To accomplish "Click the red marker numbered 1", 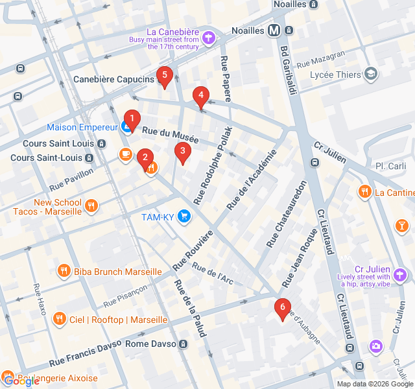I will pyautogui.click(x=132, y=119).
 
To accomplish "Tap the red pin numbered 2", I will pyautogui.click(x=145, y=156).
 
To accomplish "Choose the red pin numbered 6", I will pyautogui.click(x=281, y=307).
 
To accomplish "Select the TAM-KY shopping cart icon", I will pyautogui.click(x=184, y=216).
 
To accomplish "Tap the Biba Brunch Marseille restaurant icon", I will pyautogui.click(x=64, y=271).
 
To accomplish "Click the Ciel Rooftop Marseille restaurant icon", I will pyautogui.click(x=60, y=319).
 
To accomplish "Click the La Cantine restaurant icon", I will pyautogui.click(x=364, y=192).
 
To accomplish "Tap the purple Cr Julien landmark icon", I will pyautogui.click(x=402, y=275).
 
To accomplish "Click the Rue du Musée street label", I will pyautogui.click(x=170, y=135).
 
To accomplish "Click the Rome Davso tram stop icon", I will pyautogui.click(x=184, y=344).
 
